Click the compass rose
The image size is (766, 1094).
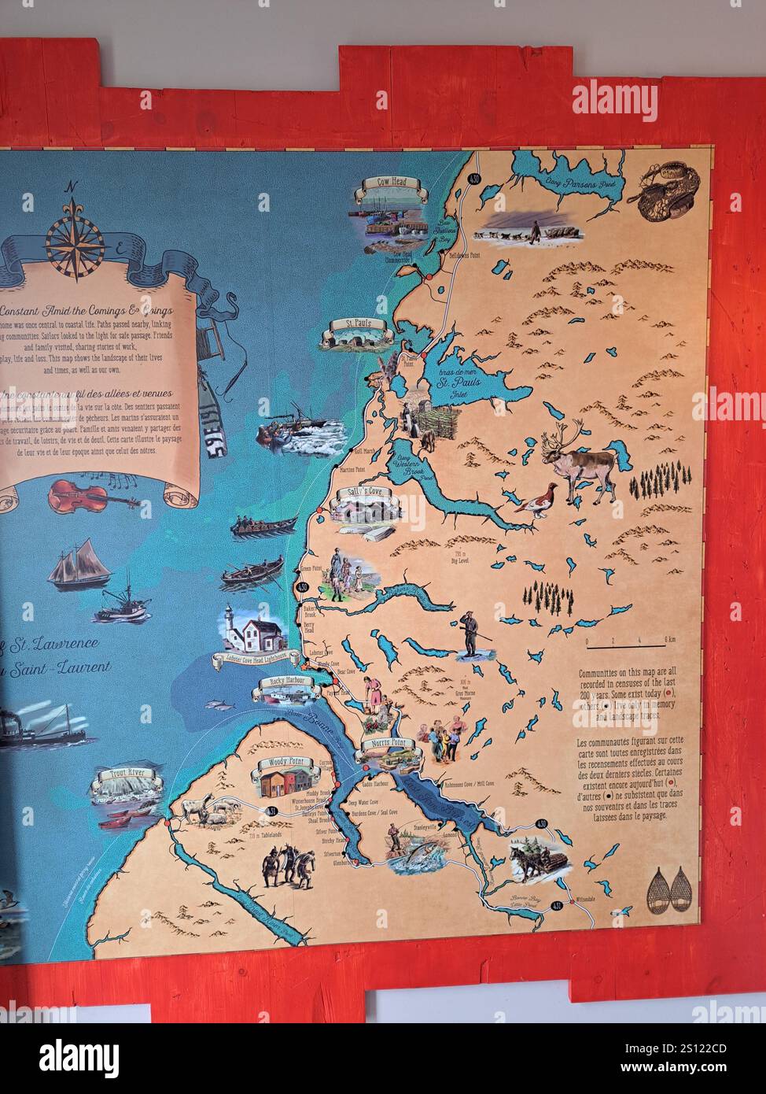coord(74,232)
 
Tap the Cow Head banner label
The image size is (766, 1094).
coord(389,183)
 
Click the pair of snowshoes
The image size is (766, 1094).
coord(669,889)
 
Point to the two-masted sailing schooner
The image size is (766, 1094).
coord(78,565)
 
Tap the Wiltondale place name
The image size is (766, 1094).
coord(586,899)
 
